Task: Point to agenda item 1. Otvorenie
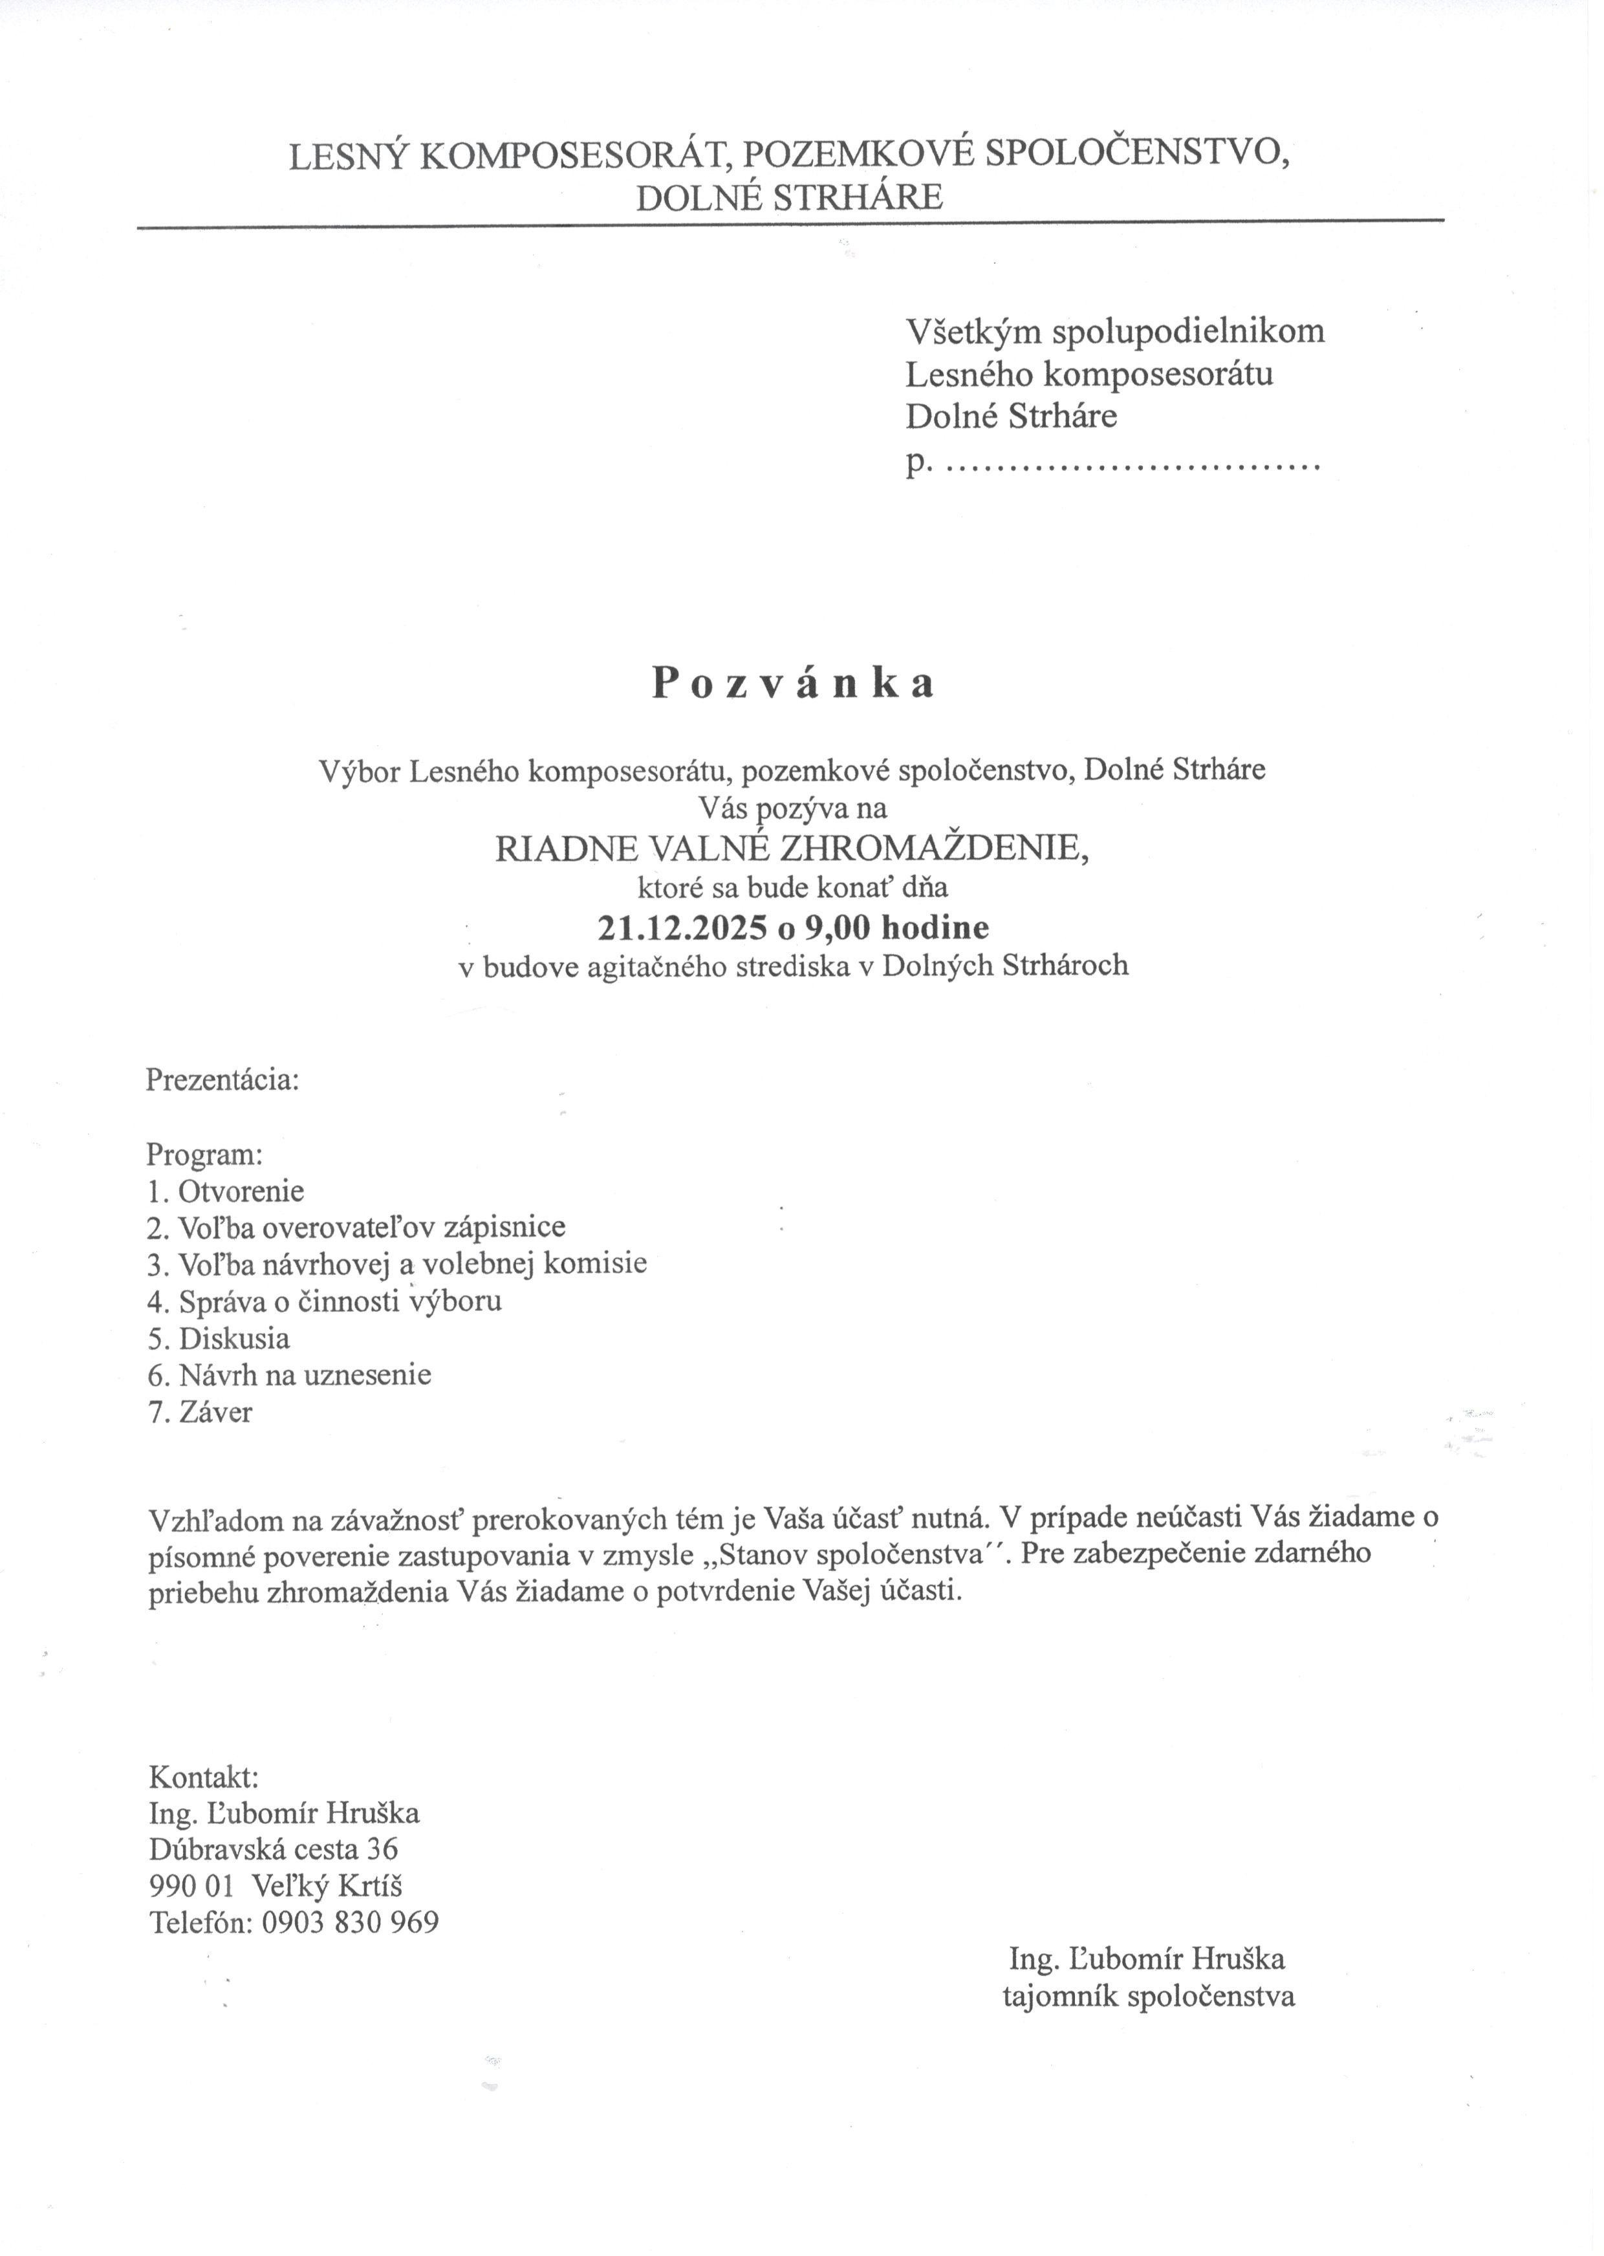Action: click(x=225, y=1191)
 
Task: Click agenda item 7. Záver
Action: click(x=199, y=1411)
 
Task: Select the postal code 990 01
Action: click(x=191, y=1885)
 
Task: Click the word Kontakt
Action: click(x=204, y=1777)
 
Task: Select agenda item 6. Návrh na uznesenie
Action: click(x=289, y=1375)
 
